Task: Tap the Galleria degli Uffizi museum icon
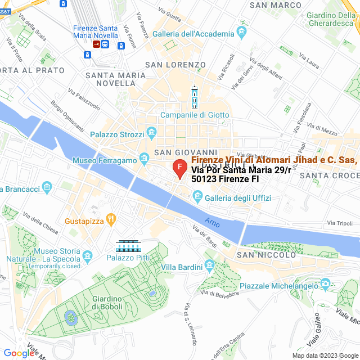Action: point(197,196)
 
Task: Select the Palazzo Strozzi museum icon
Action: point(151,133)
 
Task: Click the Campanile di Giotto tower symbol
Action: point(195,98)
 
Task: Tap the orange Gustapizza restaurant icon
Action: point(111,218)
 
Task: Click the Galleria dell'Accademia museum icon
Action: point(242,31)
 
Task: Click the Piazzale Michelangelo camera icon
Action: point(324,283)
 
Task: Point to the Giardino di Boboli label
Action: point(107,303)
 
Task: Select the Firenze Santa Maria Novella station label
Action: point(96,31)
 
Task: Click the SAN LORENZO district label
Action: point(170,65)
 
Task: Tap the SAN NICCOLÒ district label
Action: point(265,255)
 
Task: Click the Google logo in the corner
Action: point(19,353)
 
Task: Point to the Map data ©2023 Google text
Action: point(324,355)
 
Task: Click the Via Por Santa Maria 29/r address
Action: point(241,170)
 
